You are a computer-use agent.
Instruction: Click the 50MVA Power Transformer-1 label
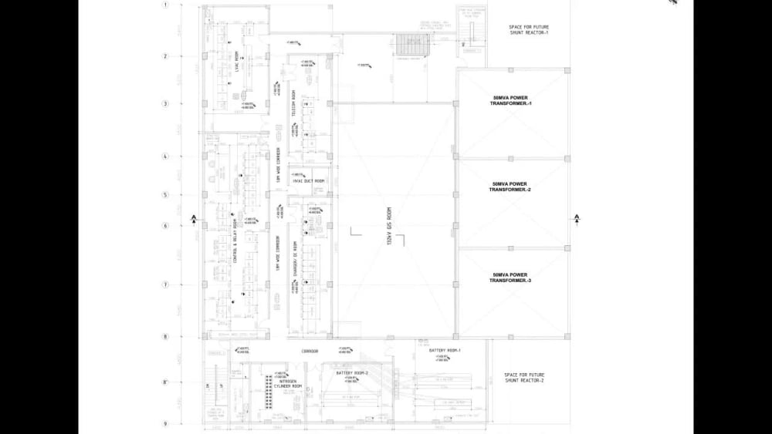point(512,100)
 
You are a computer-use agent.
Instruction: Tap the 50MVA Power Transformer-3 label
point(512,277)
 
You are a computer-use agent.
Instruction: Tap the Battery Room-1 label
point(444,351)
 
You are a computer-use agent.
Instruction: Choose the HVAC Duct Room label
point(309,181)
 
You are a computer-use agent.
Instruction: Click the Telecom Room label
point(294,116)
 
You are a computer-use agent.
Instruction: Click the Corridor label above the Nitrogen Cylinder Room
point(310,352)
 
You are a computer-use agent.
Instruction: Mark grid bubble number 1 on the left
point(164,5)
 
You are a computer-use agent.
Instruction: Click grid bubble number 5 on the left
point(164,195)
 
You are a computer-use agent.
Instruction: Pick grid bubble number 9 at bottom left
point(164,423)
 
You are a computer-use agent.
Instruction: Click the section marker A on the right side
point(577,219)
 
